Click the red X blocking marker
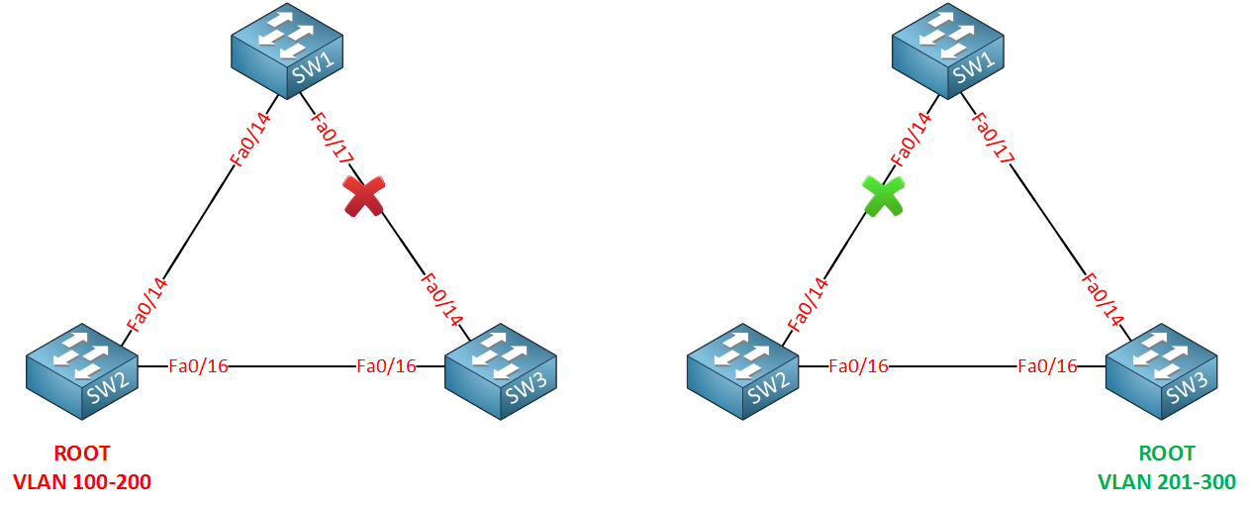tap(363, 196)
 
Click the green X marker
tap(883, 196)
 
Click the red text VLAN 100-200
tap(82, 482)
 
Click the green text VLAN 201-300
tap(1167, 482)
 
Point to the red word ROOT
tap(82, 455)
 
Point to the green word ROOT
tap(1167, 455)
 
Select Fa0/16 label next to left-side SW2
tap(198, 366)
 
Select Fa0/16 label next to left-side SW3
tap(386, 366)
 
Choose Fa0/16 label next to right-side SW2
tap(858, 366)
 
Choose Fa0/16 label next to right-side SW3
tap(1047, 366)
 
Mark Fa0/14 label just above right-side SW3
tap(1103, 298)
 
